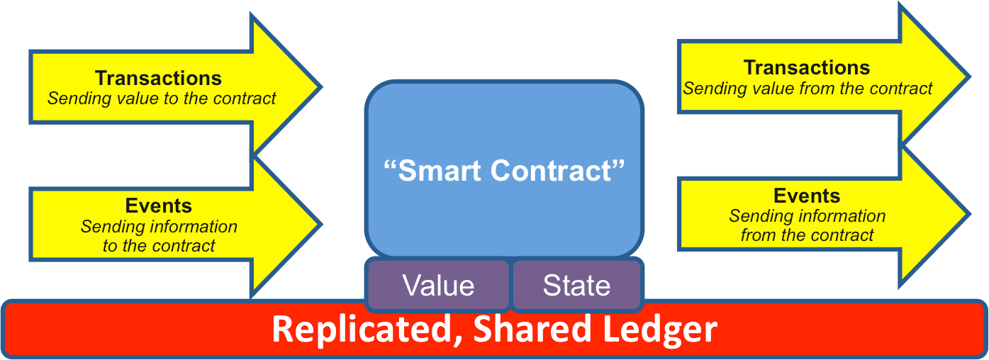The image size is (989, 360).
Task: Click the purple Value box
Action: tap(438, 285)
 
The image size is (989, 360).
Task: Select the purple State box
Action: tap(576, 285)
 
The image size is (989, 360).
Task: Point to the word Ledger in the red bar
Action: tap(656, 330)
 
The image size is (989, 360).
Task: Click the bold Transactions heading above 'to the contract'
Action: tap(158, 78)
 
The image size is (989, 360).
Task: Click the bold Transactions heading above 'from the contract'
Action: tap(807, 68)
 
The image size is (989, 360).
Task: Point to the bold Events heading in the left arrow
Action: tap(159, 206)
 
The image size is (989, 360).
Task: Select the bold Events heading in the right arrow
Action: tap(807, 196)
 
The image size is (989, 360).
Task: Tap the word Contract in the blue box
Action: tap(566, 171)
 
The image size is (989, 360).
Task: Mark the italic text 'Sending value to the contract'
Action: tap(162, 99)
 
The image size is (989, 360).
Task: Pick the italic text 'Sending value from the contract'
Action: tap(808, 89)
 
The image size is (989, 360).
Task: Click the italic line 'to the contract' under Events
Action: tap(159, 246)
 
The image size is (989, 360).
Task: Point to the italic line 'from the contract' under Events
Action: tap(807, 235)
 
